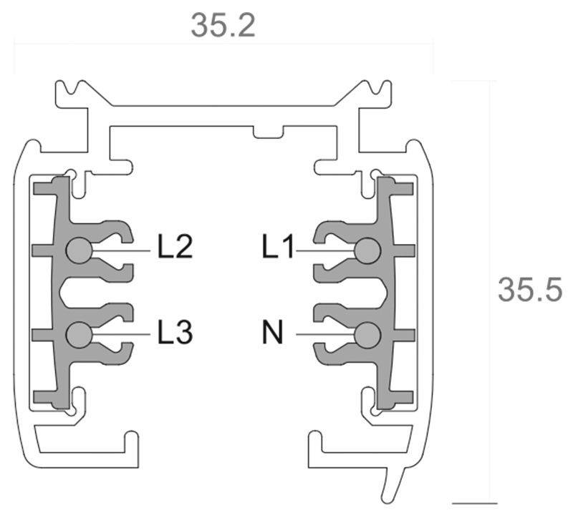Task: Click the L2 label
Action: (175, 248)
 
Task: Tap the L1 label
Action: (278, 248)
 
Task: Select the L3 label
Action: (175, 333)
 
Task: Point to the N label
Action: (272, 333)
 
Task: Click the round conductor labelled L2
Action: (78, 250)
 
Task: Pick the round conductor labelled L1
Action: (367, 250)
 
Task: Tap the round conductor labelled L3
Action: (78, 334)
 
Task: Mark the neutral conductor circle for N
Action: (367, 334)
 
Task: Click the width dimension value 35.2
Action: (223, 26)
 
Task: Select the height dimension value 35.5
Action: (530, 290)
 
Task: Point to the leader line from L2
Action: (122, 250)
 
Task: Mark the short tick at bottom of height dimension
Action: (474, 502)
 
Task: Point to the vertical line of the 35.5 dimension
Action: (491, 215)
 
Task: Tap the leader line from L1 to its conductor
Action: (326, 250)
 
